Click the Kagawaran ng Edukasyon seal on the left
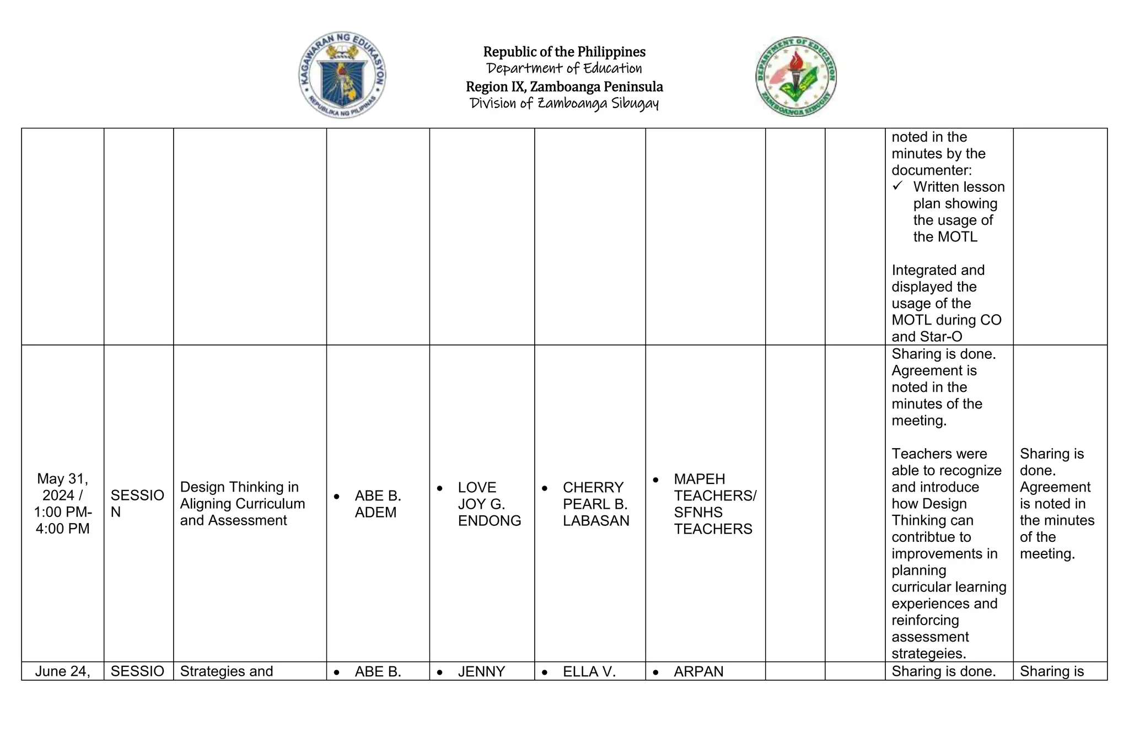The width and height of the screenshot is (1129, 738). tap(342, 75)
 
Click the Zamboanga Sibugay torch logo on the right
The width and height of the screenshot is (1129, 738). tap(795, 77)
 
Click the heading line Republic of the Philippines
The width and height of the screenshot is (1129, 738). tap(564, 52)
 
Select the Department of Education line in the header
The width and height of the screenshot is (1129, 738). tap(564, 68)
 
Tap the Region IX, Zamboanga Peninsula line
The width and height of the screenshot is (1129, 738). tap(564, 87)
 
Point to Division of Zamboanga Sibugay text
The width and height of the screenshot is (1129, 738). tap(564, 104)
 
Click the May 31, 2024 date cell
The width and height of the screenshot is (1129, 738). tap(62, 503)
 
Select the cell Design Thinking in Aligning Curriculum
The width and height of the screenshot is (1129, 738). tap(242, 503)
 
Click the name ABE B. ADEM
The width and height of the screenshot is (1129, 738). tap(377, 504)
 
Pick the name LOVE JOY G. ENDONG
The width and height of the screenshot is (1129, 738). tap(488, 504)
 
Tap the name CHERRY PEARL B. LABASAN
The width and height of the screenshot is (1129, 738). tap(595, 504)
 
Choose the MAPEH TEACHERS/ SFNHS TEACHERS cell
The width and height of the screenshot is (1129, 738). tap(714, 504)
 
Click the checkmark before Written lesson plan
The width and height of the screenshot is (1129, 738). tap(897, 186)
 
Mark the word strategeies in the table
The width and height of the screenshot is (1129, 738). tap(928, 654)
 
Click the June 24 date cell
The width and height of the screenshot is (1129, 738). tap(62, 671)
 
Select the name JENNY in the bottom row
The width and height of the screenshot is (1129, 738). tap(481, 671)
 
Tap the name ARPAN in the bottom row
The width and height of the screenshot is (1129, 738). tap(698, 671)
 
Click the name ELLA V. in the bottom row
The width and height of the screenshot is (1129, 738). tap(589, 671)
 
